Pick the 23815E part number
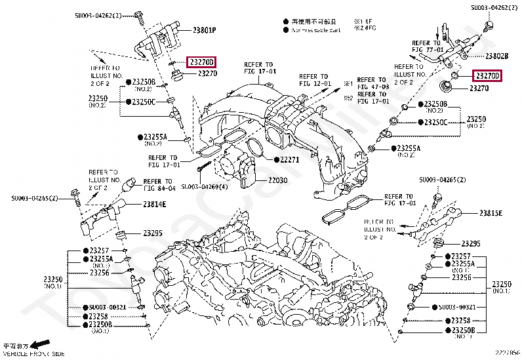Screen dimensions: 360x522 coord(491,213)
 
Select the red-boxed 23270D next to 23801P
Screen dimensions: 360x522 coord(201,62)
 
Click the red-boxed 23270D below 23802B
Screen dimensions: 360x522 coord(488,76)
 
